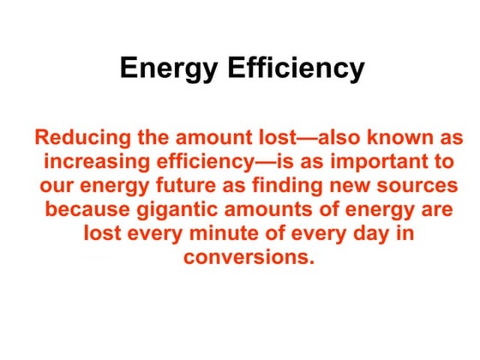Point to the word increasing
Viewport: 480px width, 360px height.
(94, 161)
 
